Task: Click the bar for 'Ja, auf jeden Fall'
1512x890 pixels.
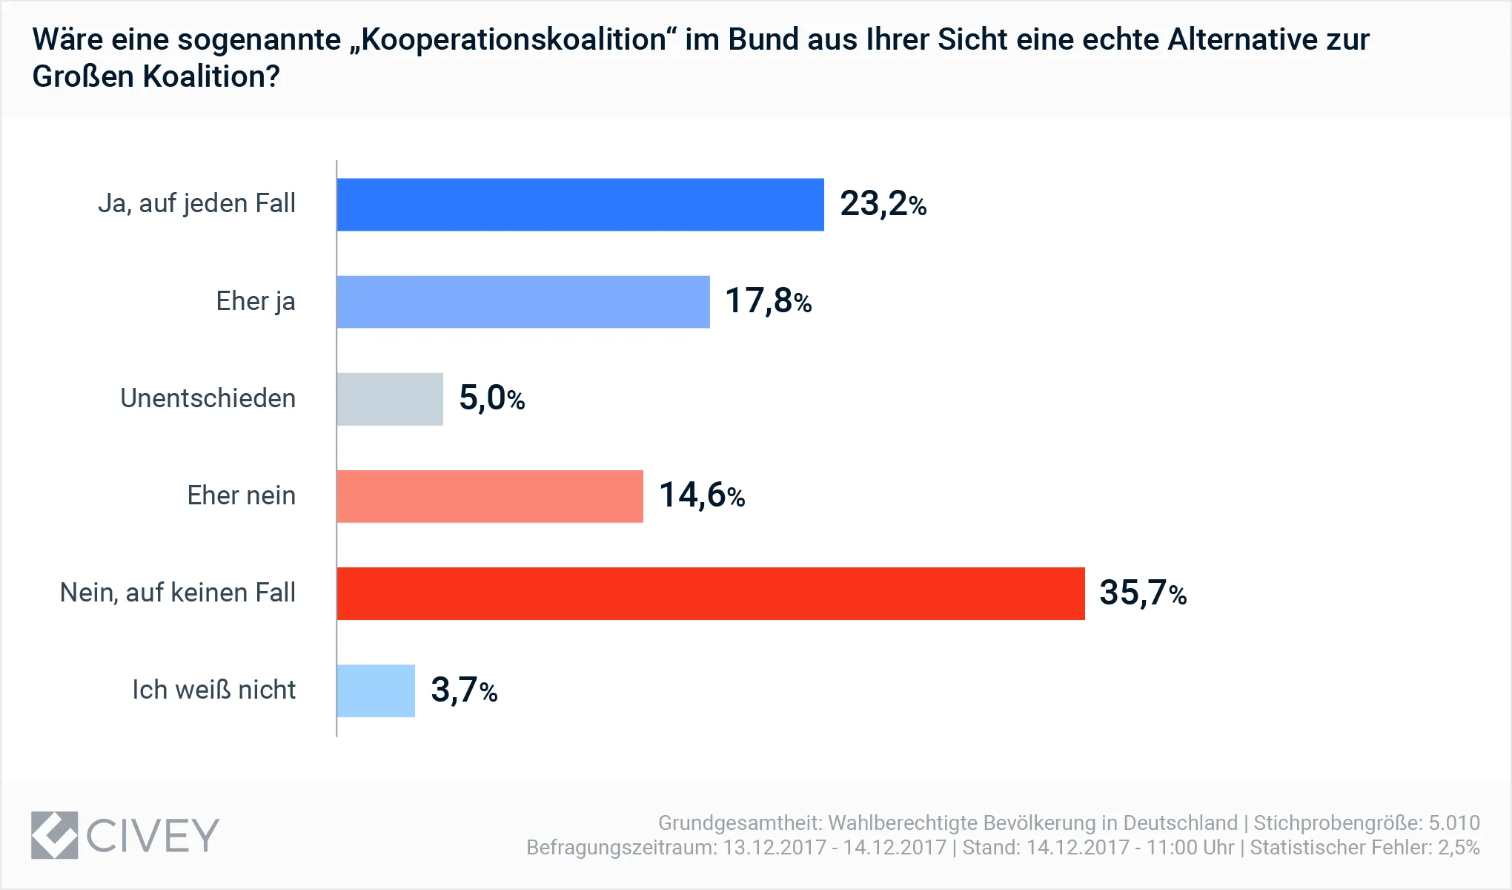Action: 580,205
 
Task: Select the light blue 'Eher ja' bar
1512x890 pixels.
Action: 523,302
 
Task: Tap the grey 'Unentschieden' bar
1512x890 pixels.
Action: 390,399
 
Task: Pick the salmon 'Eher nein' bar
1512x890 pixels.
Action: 490,496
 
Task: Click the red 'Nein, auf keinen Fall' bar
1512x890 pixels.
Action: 711,593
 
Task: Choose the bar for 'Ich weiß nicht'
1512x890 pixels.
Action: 376,690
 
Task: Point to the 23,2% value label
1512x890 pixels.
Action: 883,204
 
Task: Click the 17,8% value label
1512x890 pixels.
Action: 768,301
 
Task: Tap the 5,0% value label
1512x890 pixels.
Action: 491,398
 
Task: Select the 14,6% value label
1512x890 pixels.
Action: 701,495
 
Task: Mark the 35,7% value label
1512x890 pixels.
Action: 1142,593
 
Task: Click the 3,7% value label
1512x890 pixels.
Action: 463,690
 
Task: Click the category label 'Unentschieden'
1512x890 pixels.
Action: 208,398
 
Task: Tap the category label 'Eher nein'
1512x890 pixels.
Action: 241,495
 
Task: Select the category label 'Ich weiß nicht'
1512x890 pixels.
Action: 213,690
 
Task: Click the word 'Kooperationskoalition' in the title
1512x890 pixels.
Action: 514,40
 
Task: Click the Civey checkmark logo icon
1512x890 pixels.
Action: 54,835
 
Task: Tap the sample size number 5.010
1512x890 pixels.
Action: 1454,823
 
